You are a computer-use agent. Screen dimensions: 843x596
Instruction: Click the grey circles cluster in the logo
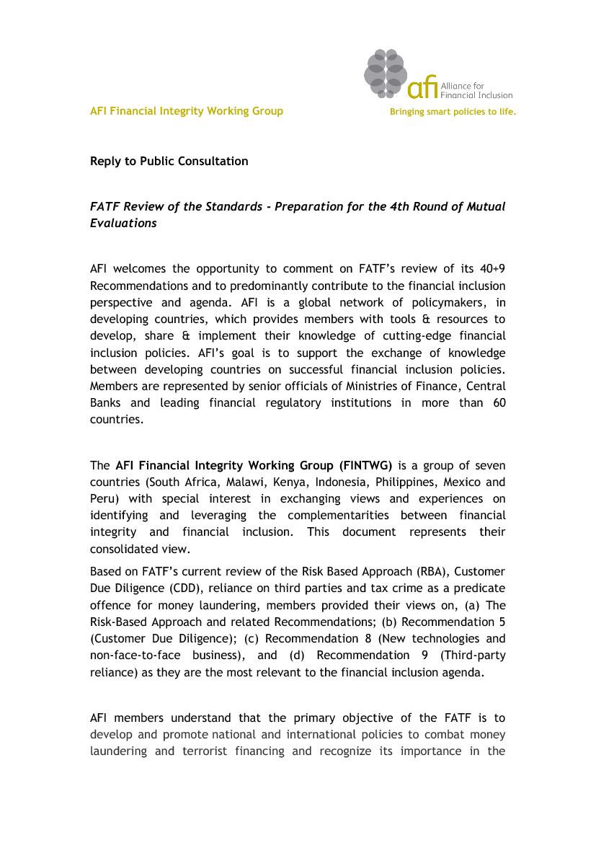coord(386,73)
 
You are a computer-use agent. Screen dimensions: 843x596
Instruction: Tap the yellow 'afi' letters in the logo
coord(422,88)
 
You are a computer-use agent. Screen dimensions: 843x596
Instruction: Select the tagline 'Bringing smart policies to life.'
coord(453,112)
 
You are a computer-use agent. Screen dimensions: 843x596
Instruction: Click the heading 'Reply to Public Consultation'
coord(169,162)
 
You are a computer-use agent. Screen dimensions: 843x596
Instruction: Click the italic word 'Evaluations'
coord(123,224)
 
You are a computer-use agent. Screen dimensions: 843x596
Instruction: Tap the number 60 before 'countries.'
coord(499,402)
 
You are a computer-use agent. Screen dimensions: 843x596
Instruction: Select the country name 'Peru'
coord(101,498)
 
